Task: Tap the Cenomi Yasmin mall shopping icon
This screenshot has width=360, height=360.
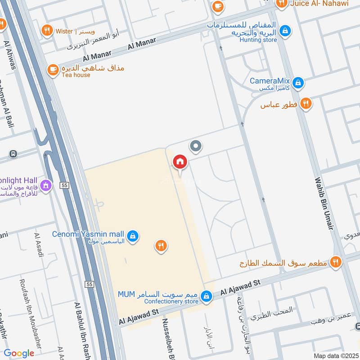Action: pos(132,235)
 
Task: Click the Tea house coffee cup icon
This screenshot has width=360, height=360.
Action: pos(53,70)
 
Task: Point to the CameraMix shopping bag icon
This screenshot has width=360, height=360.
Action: pos(297,82)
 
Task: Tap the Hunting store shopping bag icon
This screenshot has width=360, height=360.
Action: pos(284,31)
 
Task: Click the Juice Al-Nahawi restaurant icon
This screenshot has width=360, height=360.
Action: pos(282,4)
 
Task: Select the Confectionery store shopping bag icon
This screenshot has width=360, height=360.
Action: pos(206,296)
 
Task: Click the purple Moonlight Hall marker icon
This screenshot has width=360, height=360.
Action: pos(45,185)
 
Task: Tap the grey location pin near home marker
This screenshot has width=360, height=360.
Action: pos(195,146)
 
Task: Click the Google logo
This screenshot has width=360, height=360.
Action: pos(19,354)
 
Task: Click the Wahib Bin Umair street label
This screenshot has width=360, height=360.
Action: pos(325,204)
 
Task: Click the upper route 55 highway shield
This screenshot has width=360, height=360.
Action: pos(65,185)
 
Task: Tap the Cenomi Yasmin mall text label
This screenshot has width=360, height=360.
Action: pos(88,234)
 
